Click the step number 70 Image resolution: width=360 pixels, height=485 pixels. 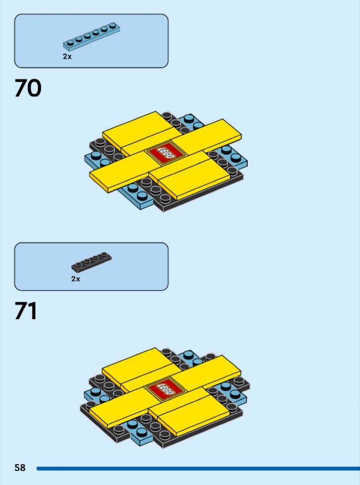coord(28,88)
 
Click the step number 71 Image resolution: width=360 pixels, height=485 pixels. coord(26,310)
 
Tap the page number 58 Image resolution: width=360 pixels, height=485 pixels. coord(20,467)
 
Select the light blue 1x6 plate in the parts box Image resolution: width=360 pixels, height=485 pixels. coord(92,36)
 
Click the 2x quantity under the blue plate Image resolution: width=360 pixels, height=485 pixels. coord(67,57)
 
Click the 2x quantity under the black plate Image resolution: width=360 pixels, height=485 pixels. coord(75,279)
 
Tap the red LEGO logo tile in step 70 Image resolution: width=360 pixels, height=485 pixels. coord(165,153)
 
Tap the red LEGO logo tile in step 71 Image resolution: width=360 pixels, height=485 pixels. coord(165,389)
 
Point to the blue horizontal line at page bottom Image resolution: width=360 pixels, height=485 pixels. coord(198,469)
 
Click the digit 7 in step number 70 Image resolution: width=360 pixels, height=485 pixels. coord(21,88)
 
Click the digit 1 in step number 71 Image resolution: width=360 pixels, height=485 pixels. coord(33,310)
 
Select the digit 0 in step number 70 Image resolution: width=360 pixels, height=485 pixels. coord(35,88)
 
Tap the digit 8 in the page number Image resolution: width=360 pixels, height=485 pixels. coord(23,467)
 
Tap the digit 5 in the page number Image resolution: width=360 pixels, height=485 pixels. coord(17,467)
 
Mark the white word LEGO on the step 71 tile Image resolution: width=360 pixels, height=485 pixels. coord(165,389)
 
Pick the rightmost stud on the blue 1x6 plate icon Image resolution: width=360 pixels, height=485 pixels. coord(113,25)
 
